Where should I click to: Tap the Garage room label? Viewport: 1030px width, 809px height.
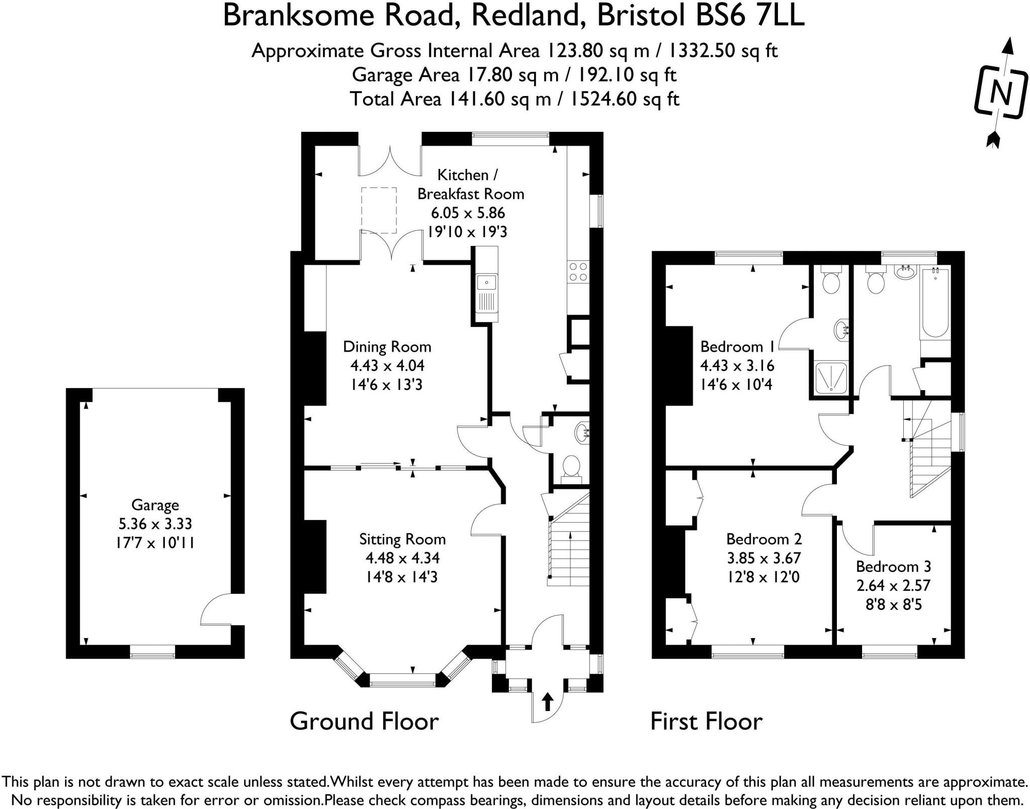[155, 505]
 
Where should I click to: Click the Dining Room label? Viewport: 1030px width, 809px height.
[387, 346]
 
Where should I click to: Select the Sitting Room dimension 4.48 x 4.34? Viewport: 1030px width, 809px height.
[402, 558]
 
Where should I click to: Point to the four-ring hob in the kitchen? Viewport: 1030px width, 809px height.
[577, 272]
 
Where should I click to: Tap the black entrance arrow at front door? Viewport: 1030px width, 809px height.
[547, 701]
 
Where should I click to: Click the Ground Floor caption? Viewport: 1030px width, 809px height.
[364, 722]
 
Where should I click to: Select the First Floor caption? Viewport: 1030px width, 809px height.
[706, 722]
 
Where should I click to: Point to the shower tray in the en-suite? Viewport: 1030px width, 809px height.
[830, 377]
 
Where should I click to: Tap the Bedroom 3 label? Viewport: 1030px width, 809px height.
[893, 567]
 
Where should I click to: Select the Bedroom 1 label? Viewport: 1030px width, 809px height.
[738, 346]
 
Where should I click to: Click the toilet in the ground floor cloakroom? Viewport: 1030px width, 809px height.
[570, 467]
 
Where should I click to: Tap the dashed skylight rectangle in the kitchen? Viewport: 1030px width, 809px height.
[379, 210]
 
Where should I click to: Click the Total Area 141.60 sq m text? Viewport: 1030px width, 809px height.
[514, 99]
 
